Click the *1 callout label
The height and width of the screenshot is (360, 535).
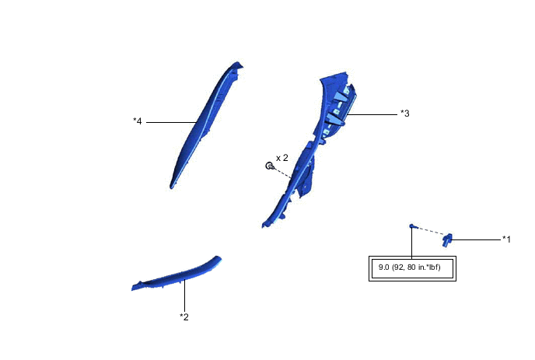coord(506,239)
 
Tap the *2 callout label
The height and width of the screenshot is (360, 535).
coord(184,316)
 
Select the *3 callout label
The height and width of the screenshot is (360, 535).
coord(404,114)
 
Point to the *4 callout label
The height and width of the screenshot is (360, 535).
coord(138,121)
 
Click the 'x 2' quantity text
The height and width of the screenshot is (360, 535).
coord(281,158)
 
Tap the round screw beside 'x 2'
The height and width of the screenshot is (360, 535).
coord(269,166)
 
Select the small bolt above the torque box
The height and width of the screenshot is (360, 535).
coord(412,226)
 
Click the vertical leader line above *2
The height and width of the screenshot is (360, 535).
coord(184,295)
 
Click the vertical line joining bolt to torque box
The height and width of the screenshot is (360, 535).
coord(411,243)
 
